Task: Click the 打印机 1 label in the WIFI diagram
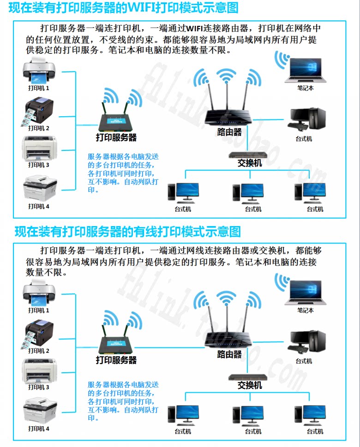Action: tap(39, 88)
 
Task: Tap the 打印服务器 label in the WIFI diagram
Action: tap(116, 137)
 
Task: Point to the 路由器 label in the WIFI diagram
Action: tap(229, 132)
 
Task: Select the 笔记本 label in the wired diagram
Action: tap(306, 310)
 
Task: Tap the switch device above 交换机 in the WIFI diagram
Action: tap(250, 155)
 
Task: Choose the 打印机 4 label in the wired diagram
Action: tap(39, 429)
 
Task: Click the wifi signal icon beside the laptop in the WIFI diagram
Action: tap(282, 60)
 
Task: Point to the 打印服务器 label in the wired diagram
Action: tap(116, 360)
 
